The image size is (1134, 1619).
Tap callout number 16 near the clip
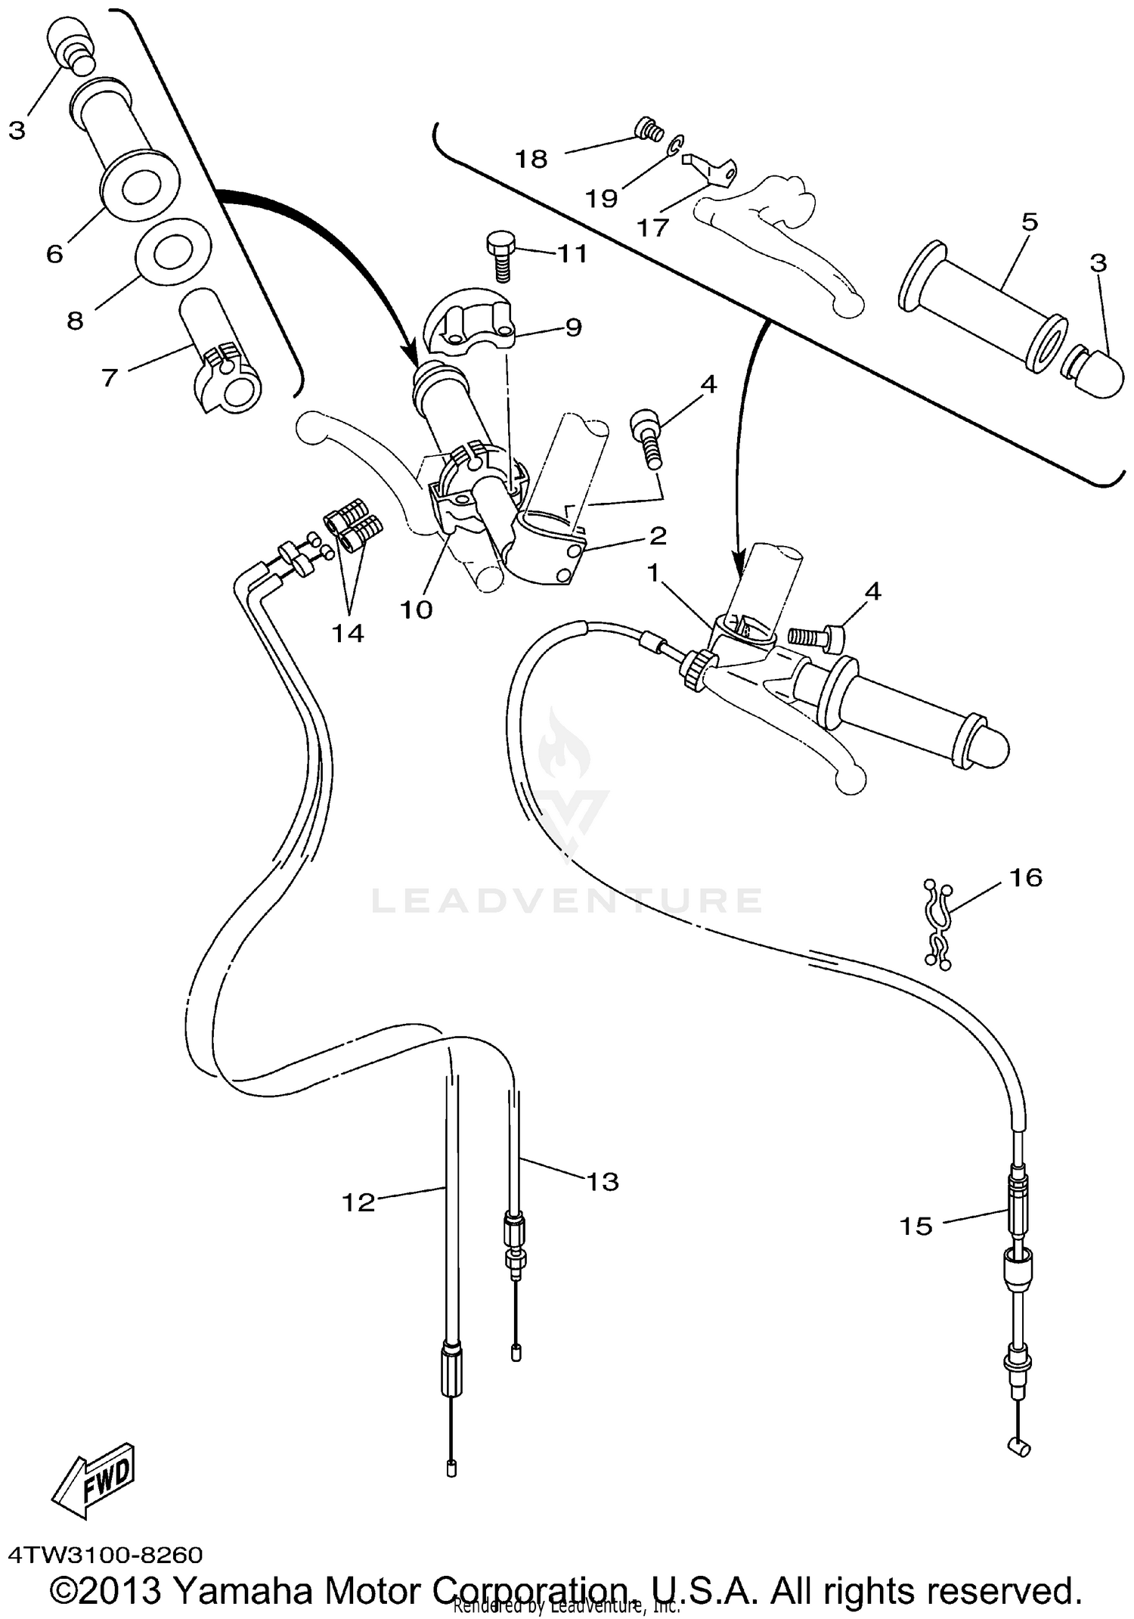tap(1024, 878)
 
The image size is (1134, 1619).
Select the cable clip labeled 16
tap(939, 924)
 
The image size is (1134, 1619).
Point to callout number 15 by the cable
tap(916, 1227)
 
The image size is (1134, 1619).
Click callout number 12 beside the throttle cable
tap(358, 1202)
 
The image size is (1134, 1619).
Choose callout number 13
tap(603, 1181)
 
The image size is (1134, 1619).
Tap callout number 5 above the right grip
tap(1029, 222)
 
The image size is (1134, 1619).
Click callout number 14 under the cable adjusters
tap(348, 632)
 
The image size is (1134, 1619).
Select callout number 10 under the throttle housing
tap(416, 609)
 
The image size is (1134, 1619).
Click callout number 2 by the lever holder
tap(658, 535)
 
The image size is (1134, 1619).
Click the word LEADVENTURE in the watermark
tap(566, 900)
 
